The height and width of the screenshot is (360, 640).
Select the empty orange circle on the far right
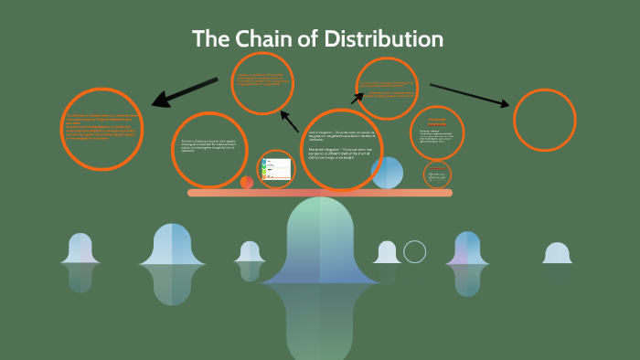tap(544, 120)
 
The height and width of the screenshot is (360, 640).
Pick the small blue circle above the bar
tap(387, 173)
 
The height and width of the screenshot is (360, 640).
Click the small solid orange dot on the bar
tap(247, 182)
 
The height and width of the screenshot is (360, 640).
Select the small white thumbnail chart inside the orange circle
tap(276, 168)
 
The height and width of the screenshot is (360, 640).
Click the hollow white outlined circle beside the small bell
tap(415, 251)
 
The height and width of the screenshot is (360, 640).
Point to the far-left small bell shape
tap(80, 249)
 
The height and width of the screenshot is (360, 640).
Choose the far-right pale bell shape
tap(557, 253)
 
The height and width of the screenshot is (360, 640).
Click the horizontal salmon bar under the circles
tap(320, 193)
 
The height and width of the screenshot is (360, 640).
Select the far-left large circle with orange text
tap(102, 129)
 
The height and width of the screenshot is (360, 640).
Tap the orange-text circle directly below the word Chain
tap(262, 83)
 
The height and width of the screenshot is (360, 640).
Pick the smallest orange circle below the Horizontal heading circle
tap(438, 173)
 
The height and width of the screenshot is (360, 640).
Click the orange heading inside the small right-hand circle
tap(436, 122)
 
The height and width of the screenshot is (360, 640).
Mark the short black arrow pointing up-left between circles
tap(290, 122)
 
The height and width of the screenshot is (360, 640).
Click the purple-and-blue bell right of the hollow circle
tap(467, 249)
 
